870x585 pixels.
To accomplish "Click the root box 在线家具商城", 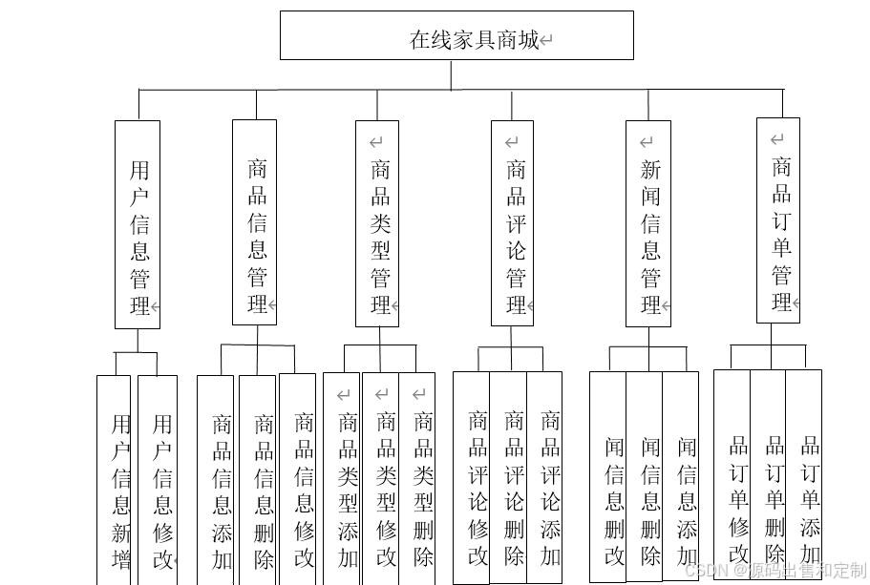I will (x=456, y=35).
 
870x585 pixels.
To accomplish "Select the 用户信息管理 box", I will (x=138, y=224).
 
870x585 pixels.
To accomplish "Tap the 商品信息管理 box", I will (x=255, y=222).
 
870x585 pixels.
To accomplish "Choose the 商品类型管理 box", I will (x=377, y=224).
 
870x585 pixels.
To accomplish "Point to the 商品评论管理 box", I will (x=513, y=224).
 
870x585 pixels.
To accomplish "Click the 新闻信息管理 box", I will (x=648, y=224).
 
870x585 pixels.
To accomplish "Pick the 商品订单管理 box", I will (x=777, y=220).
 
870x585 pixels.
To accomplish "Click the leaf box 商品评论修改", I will (x=472, y=479).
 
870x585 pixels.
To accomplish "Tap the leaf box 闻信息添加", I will (x=681, y=479).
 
